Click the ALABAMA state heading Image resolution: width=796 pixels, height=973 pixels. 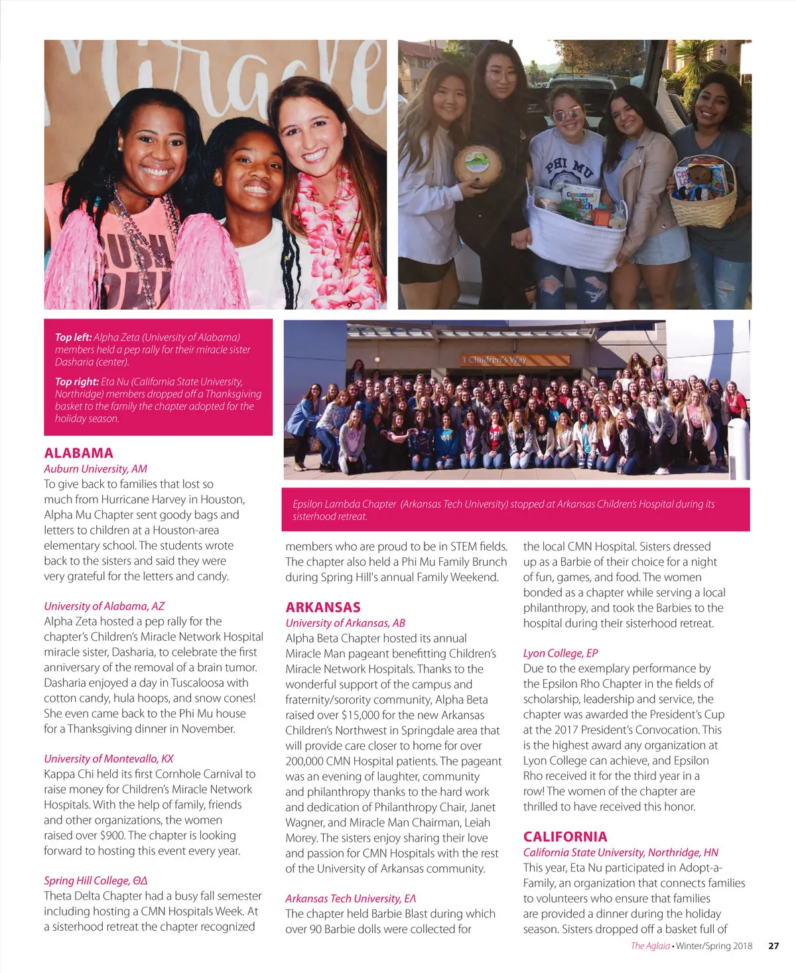pos(78,453)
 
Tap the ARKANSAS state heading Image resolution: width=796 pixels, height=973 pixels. pos(323,607)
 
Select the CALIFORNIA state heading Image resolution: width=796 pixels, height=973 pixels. pos(565,836)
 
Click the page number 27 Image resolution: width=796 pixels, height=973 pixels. pos(773,946)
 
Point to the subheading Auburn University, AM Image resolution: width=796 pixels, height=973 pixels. pos(96,469)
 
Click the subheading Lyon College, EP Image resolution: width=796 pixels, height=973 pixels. pos(561,653)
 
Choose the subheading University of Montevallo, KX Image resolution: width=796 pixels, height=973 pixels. pos(109,759)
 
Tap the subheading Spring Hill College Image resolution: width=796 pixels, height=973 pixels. pos(96,881)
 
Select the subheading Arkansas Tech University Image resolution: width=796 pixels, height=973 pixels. pos(351,899)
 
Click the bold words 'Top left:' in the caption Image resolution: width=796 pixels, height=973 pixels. pos(73,337)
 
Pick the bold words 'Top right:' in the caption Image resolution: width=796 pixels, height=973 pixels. pos(77,381)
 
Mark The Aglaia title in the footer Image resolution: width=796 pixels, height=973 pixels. pos(650,946)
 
